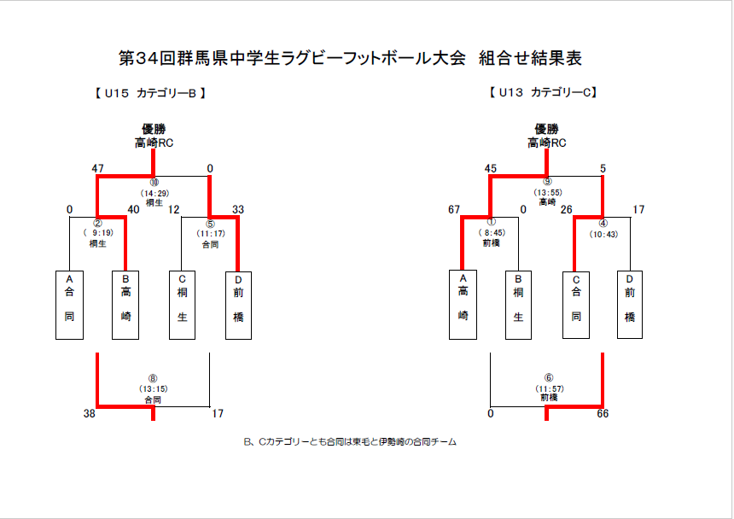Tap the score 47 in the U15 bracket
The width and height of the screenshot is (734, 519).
[x=97, y=169]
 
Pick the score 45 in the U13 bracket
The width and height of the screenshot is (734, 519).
[x=490, y=169]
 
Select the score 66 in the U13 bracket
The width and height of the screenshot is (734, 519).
[x=603, y=414]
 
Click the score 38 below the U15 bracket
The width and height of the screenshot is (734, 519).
[x=89, y=414]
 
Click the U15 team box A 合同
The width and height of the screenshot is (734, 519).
[x=69, y=305]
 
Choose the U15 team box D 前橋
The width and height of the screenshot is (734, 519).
[x=238, y=305]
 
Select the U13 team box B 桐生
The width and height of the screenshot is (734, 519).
[x=518, y=305]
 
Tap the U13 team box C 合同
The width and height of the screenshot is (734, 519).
[x=575, y=305]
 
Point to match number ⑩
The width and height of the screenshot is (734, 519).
[x=154, y=183]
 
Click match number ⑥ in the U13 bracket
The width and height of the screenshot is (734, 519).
[x=548, y=378]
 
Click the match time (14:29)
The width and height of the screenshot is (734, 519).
[x=154, y=193]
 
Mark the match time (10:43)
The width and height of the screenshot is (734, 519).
[x=603, y=234]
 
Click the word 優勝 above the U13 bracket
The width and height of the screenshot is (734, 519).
[x=547, y=130]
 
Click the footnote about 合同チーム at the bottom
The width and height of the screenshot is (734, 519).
[x=350, y=442]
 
